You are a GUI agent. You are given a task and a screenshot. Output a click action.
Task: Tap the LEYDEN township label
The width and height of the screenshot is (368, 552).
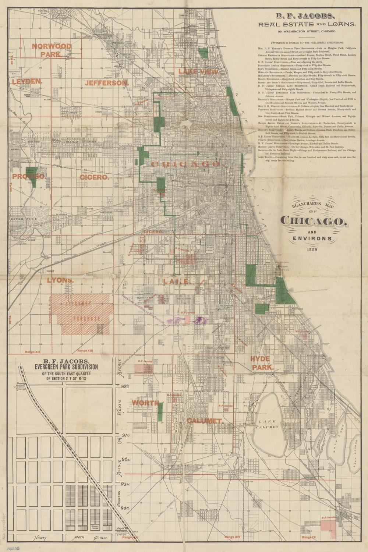(27, 81)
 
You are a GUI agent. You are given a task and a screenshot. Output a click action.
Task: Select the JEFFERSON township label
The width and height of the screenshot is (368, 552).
(107, 83)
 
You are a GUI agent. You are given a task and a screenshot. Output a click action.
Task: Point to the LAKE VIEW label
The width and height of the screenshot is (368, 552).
(198, 71)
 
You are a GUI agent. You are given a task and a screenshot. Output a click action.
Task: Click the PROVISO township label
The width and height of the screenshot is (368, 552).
(29, 176)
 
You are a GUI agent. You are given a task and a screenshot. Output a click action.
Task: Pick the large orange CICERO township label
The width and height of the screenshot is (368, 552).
(95, 177)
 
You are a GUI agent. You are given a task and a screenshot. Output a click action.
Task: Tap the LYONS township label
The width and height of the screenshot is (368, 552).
(60, 280)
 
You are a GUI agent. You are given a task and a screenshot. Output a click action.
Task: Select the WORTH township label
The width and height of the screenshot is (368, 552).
(145, 403)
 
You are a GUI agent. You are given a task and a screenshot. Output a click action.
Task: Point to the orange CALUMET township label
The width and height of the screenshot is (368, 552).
(204, 420)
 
